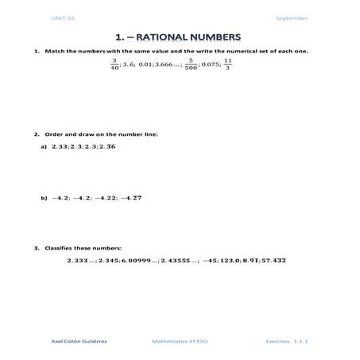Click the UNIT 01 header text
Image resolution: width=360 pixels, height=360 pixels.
(63, 17)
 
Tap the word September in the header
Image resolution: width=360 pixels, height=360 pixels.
(292, 17)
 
